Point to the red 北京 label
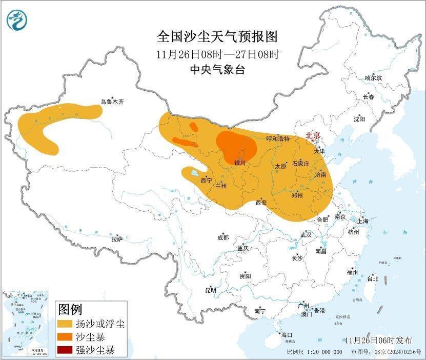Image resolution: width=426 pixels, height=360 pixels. click(x=313, y=136)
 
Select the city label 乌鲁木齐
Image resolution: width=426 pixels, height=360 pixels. click(x=112, y=102)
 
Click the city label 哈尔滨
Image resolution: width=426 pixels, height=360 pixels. click(x=373, y=78)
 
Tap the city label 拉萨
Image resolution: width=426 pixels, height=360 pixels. click(x=117, y=239)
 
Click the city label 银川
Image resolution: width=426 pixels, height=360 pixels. click(x=240, y=163)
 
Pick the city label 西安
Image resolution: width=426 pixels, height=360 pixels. click(x=261, y=203)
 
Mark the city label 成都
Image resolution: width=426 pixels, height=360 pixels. click(x=222, y=237)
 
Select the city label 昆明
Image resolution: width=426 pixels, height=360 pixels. click(x=211, y=290)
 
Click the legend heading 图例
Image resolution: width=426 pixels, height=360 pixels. click(x=70, y=310)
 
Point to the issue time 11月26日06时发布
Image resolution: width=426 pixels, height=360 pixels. click(x=378, y=340)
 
